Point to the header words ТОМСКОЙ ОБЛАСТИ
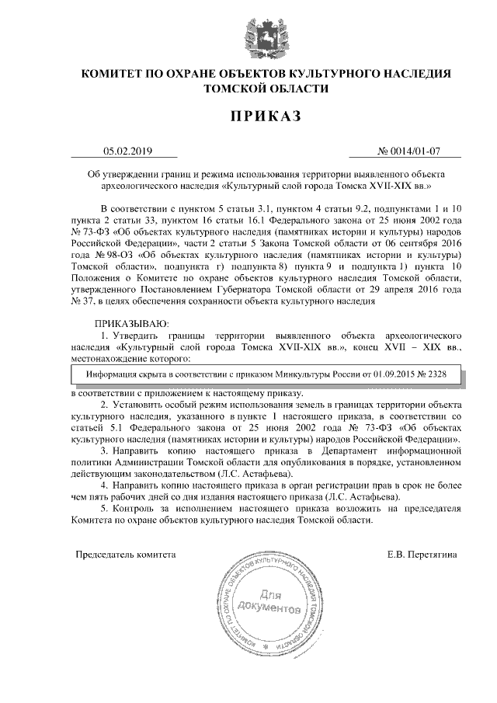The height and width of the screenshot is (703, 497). (x=250, y=90)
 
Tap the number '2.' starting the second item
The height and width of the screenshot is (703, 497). (x=105, y=405)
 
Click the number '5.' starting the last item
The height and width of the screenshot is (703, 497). (x=105, y=507)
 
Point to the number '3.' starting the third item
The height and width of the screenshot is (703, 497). (x=105, y=450)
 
